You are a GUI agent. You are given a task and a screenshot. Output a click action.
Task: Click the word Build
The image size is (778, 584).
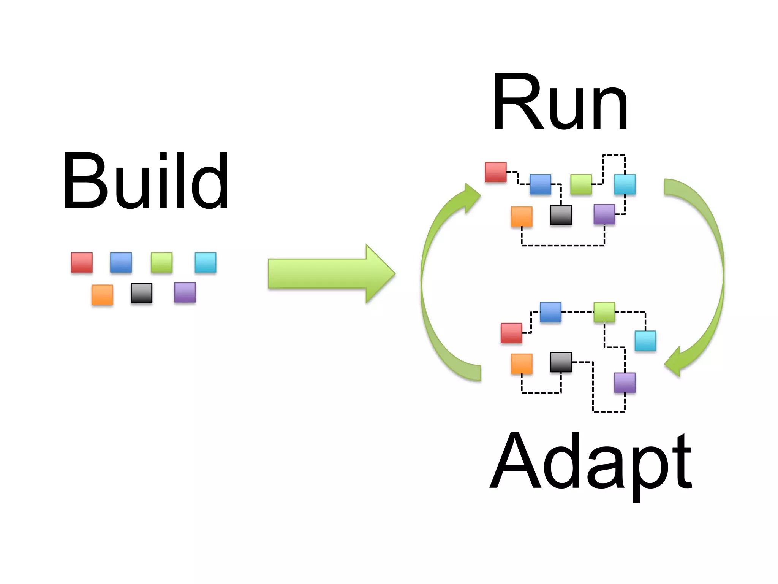146,181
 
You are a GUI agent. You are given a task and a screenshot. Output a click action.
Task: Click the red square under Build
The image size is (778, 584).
82,262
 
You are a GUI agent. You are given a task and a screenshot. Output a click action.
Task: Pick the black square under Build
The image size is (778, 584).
141,293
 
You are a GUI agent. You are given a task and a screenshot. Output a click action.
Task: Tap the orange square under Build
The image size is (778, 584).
102,295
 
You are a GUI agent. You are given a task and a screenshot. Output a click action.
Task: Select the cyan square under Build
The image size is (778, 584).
206,262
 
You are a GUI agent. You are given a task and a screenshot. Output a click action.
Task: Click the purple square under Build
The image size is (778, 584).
185,292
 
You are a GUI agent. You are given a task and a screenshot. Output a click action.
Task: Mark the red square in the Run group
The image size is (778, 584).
496,172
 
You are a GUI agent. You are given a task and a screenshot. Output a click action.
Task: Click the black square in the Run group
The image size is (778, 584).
561,215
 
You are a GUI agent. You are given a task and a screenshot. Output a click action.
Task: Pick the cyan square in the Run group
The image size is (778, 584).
625,184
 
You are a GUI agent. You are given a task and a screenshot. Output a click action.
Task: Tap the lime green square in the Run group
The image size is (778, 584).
581,184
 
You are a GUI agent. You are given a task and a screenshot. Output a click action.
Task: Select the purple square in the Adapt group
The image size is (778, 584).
625,382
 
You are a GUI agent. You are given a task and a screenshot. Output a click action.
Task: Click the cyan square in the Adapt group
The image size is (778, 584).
645,341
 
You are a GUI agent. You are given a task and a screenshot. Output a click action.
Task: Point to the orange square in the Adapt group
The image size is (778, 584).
522,364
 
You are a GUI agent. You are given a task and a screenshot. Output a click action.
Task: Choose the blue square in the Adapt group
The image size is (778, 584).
550,312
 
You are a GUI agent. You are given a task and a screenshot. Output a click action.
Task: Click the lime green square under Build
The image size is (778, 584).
161,262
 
